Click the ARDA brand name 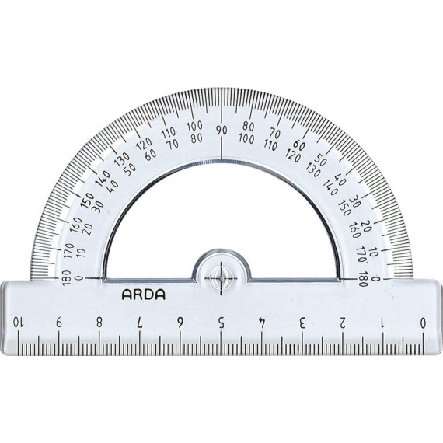143,295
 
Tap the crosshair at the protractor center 221,278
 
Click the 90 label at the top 221,131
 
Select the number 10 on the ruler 18,322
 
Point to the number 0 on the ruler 423,322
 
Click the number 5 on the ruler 221,322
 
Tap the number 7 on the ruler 140,322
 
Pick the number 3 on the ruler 302,322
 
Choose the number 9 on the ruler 59,322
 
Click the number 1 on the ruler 383,322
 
